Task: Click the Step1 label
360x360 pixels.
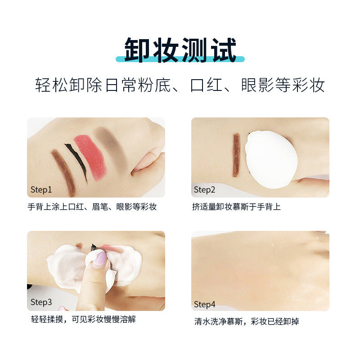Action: click(x=41, y=190)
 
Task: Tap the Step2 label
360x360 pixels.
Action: click(x=204, y=190)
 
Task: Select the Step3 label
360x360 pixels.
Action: click(x=41, y=302)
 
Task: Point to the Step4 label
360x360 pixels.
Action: click(x=205, y=305)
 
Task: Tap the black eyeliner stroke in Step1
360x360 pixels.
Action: click(x=78, y=161)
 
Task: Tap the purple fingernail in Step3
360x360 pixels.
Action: click(x=100, y=258)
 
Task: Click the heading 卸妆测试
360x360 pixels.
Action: click(x=180, y=50)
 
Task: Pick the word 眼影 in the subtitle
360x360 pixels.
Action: click(x=257, y=85)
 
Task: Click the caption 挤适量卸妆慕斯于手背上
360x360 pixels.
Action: click(x=237, y=207)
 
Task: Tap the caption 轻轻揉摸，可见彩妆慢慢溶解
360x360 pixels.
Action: click(x=83, y=319)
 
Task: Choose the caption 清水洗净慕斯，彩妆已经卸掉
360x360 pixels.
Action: click(x=247, y=321)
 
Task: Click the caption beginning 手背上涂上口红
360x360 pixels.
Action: click(x=92, y=207)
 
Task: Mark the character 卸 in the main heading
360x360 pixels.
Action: click(x=138, y=50)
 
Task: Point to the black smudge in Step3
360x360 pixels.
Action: click(x=94, y=247)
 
